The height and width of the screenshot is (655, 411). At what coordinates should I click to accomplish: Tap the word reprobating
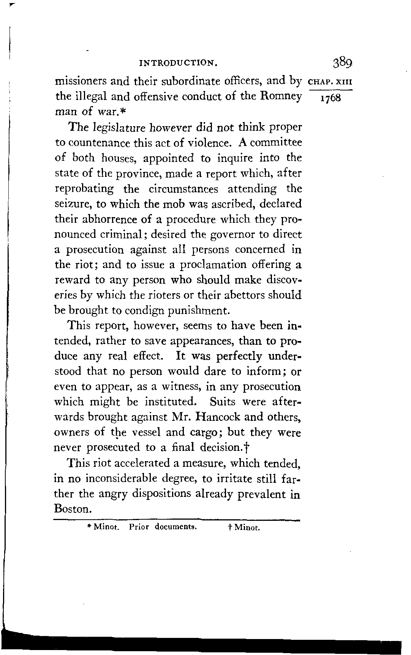(x=84, y=189)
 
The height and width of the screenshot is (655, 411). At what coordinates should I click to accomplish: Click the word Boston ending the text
(x=72, y=509)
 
